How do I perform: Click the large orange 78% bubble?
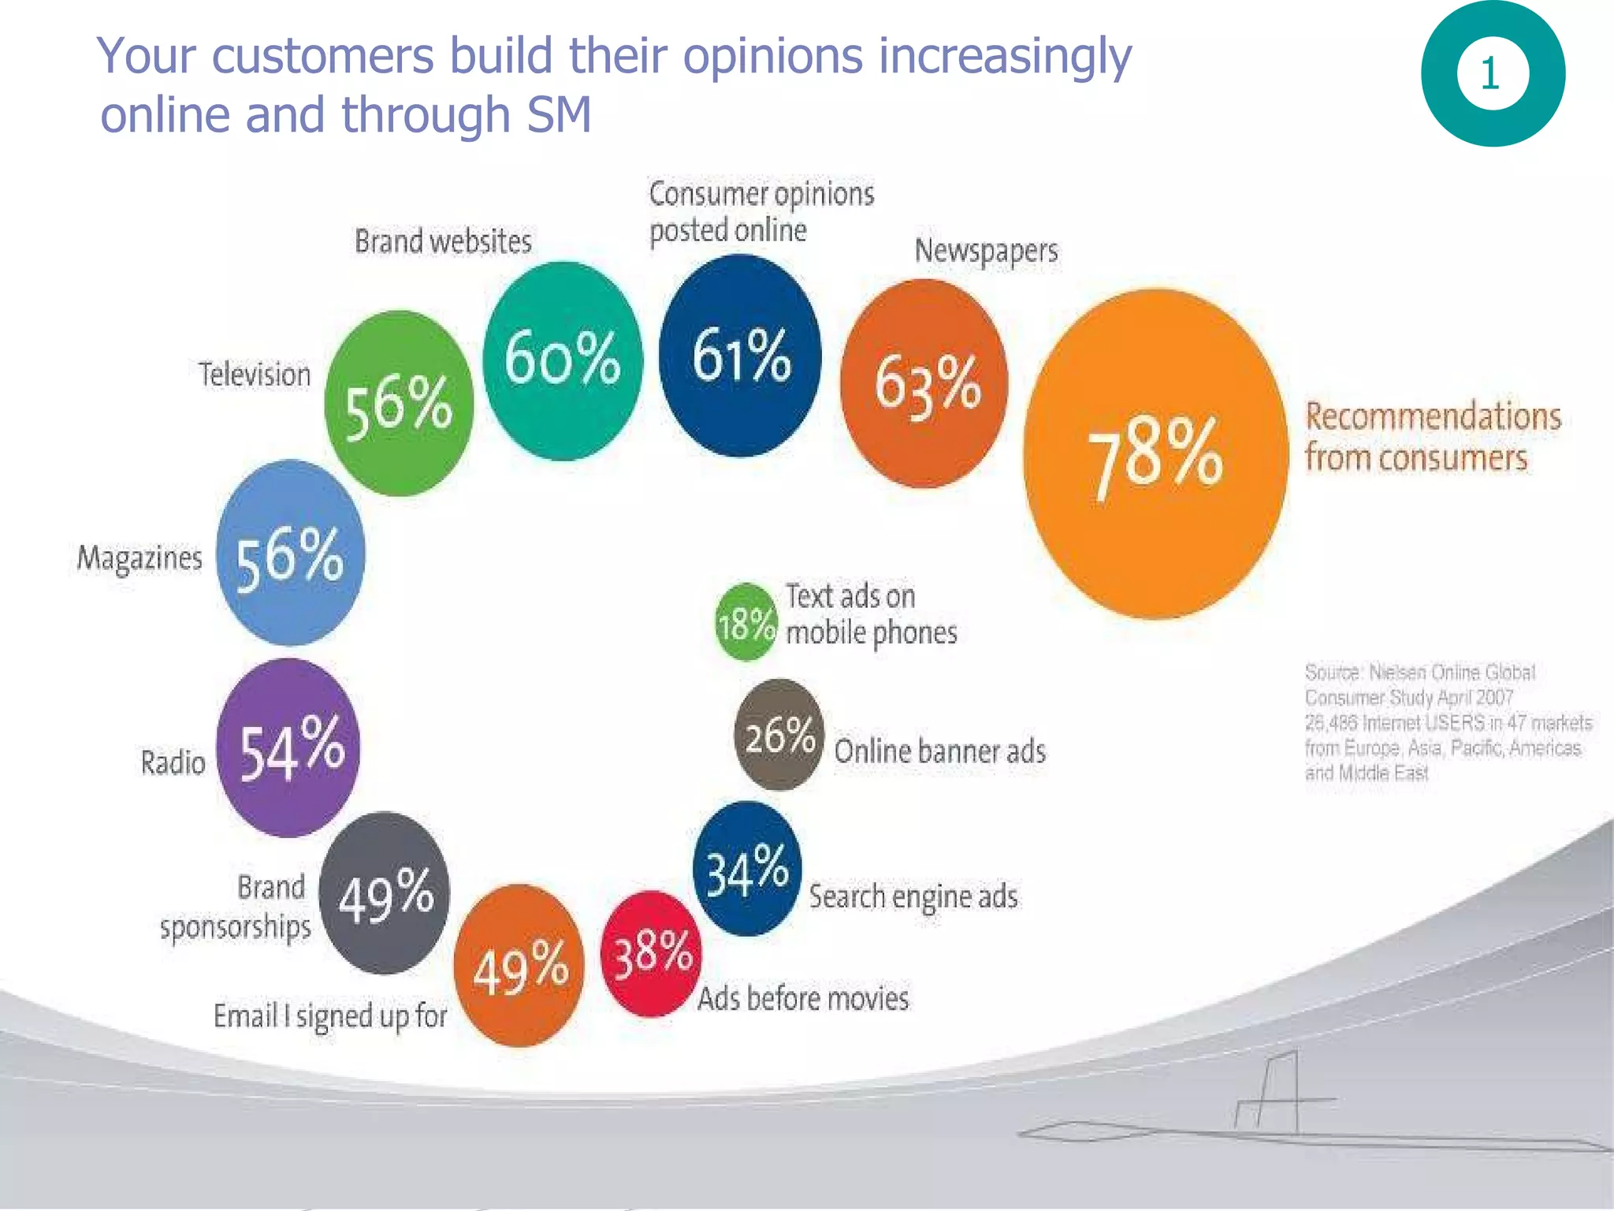pos(1155,455)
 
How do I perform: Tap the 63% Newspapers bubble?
pos(925,384)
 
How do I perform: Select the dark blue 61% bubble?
pos(740,356)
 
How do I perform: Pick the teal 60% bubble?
pos(562,361)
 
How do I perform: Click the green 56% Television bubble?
pos(399,404)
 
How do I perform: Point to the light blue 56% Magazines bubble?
pos(290,553)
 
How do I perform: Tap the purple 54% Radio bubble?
pos(289,748)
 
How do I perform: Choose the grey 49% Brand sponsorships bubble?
pos(385,893)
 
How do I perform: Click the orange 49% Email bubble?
pos(519,967)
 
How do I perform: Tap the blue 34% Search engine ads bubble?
pos(746,870)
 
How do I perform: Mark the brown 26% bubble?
pos(779,735)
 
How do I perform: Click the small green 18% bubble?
pos(746,623)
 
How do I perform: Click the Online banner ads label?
pos(939,751)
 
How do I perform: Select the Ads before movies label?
pos(803,999)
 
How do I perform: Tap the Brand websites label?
pos(443,241)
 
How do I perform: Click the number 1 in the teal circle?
pos(1490,74)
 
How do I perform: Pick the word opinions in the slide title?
pos(772,57)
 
